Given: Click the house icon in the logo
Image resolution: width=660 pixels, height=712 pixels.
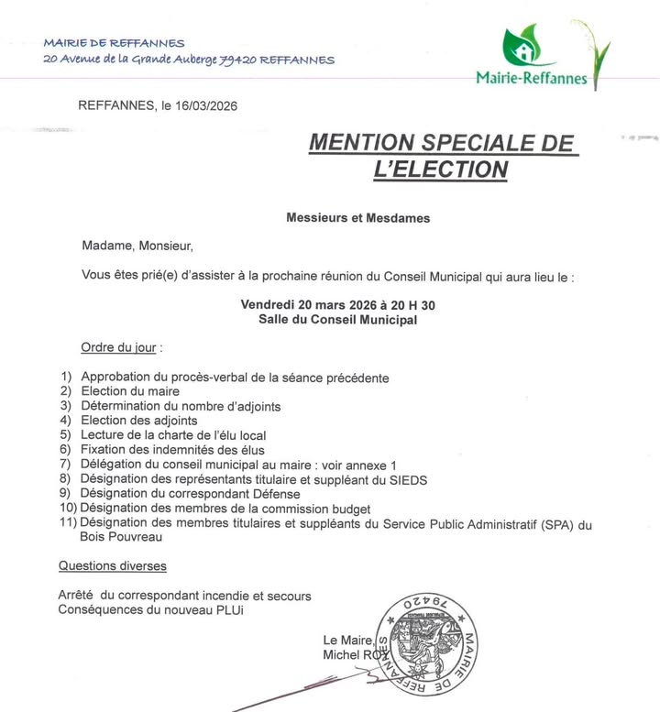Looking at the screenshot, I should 520,46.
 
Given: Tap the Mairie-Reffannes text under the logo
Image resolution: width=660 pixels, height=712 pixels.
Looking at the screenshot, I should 532,79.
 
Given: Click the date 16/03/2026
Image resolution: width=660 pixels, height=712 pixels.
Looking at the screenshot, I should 206,106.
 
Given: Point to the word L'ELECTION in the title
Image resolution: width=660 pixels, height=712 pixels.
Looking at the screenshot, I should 441,169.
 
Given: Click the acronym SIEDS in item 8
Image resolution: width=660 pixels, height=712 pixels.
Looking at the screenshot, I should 408,479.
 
